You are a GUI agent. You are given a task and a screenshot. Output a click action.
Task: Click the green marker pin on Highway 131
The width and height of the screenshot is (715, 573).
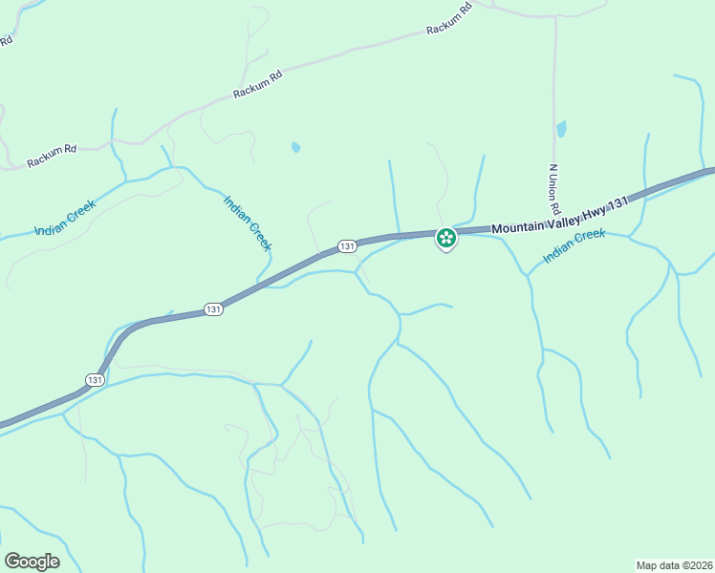(x=445, y=238)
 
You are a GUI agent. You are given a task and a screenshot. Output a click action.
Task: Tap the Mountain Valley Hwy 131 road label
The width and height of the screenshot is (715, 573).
(x=559, y=216)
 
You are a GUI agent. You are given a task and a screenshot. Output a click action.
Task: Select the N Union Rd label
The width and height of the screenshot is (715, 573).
(x=553, y=187)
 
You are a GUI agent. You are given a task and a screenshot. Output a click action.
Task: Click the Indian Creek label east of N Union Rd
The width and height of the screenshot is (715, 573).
(x=574, y=246)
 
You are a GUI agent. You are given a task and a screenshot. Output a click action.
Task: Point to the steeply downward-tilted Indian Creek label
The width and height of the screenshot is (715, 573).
(x=248, y=223)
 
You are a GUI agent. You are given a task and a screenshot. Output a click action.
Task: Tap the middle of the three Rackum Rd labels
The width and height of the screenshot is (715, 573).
(x=257, y=84)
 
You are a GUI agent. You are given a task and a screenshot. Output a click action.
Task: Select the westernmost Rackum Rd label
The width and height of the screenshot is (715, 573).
(x=52, y=155)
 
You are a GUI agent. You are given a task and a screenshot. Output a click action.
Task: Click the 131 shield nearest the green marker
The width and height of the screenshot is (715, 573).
(x=347, y=246)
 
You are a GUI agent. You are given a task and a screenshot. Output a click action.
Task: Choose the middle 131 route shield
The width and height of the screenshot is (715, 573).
(x=213, y=309)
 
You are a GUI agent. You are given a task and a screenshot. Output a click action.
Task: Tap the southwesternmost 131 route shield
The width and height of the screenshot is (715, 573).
(x=94, y=379)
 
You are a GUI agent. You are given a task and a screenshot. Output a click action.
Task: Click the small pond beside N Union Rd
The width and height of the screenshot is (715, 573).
(x=561, y=128)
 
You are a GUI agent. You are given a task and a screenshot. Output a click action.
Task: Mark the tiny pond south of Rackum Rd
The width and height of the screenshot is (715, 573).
(x=295, y=147)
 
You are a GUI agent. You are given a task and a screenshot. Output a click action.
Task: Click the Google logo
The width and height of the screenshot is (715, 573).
(x=32, y=562)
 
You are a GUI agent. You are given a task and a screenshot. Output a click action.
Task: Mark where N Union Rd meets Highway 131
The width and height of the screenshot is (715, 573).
(x=555, y=219)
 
